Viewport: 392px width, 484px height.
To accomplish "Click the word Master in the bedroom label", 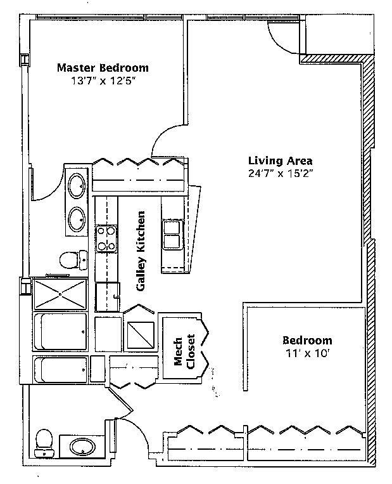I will click(x=77, y=67).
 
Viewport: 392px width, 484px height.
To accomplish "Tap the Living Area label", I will click(x=280, y=160).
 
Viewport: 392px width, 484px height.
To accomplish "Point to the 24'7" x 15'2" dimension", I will click(x=281, y=173).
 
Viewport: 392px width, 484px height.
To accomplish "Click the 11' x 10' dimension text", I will click(x=307, y=354).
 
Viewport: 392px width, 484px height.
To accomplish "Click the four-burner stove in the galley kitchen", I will click(x=106, y=239).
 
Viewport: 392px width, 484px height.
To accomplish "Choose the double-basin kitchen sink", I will click(x=172, y=235).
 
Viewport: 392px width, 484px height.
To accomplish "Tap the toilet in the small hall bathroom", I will click(x=44, y=442).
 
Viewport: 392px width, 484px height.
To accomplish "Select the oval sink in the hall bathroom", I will click(x=80, y=448).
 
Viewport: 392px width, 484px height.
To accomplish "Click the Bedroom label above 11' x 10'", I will click(x=307, y=340).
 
